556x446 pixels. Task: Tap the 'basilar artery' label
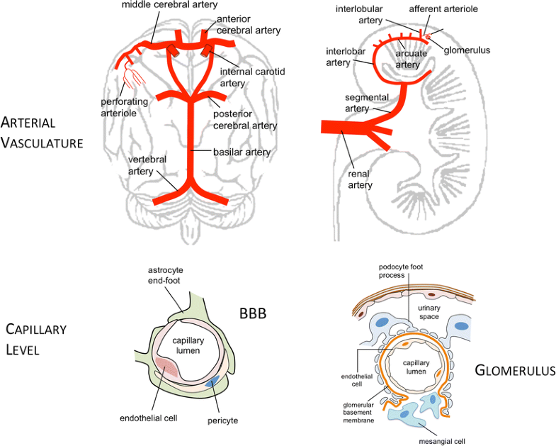[242, 152]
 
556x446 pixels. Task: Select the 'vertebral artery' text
[147, 165]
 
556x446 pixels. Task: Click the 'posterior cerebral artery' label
[245, 120]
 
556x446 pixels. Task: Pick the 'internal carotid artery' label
[245, 77]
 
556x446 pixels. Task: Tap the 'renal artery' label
[360, 179]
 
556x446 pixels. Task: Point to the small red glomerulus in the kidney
[428, 36]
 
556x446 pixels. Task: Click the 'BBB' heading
[251, 313]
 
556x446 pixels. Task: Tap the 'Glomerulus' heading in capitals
[515, 369]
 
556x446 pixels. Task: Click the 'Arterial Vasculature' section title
[42, 131]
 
